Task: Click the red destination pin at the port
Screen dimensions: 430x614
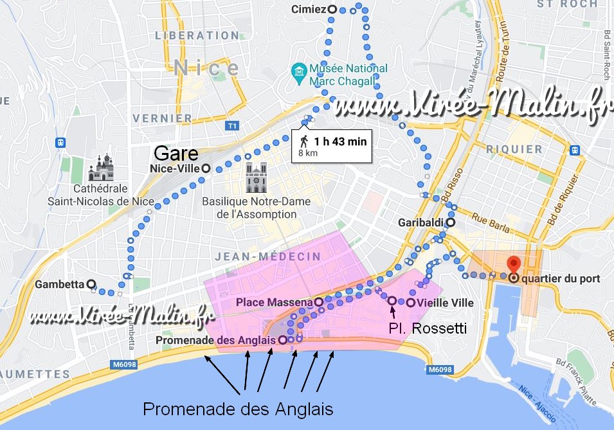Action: pyautogui.click(x=513, y=264)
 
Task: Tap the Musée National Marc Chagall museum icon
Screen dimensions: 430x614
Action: pyautogui.click(x=299, y=69)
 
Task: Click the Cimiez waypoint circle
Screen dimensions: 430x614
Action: pyautogui.click(x=332, y=9)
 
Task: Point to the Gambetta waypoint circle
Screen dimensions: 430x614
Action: pyautogui.click(x=91, y=283)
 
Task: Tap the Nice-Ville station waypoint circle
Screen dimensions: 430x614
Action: pyautogui.click(x=205, y=168)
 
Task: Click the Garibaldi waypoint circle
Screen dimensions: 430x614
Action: pyautogui.click(x=451, y=222)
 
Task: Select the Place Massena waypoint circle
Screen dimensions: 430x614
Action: pyautogui.click(x=318, y=301)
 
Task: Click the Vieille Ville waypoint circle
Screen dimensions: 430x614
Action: pyautogui.click(x=410, y=301)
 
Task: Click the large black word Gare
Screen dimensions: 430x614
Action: pyautogui.click(x=175, y=154)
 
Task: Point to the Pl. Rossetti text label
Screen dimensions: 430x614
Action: pyautogui.click(x=428, y=328)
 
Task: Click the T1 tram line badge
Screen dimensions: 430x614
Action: pyautogui.click(x=231, y=127)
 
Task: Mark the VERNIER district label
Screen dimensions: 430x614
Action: pyautogui.click(x=162, y=118)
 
